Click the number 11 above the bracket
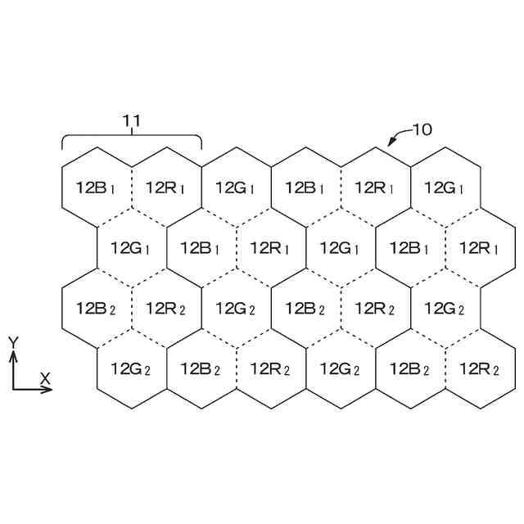(133, 120)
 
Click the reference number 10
(421, 129)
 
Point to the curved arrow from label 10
(397, 135)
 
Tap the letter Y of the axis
(12, 341)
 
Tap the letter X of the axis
(46, 377)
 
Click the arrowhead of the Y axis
(13, 356)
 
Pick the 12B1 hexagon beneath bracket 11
(97, 187)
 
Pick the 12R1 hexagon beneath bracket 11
(166, 187)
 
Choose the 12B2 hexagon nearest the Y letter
(97, 309)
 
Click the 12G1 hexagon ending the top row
(445, 187)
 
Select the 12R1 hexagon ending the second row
(480, 247)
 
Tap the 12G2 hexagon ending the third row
(445, 309)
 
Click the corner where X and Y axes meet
(13, 389)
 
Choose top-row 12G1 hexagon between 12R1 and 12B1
(236, 187)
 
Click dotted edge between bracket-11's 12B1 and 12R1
(132, 187)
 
